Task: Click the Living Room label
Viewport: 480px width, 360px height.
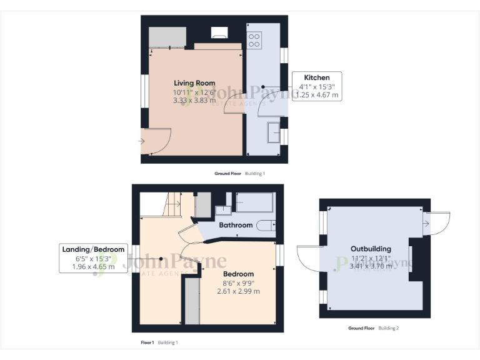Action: pos(194,83)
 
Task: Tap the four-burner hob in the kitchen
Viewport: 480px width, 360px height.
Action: pos(254,41)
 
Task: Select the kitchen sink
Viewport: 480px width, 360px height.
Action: pos(274,133)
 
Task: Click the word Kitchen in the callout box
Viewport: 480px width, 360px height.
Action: pos(317,77)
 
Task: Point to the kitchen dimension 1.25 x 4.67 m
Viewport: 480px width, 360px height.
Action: pos(317,95)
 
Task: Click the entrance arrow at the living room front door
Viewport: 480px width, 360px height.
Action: pos(142,141)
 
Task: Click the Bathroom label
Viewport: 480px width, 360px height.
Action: pos(236,225)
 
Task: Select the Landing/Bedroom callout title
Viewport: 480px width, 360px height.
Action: pos(93,249)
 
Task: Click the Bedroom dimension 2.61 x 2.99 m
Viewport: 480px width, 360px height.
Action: pos(238,291)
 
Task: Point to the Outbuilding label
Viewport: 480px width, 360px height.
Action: pos(371,249)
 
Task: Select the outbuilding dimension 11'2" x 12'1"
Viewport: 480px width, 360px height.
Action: pos(371,257)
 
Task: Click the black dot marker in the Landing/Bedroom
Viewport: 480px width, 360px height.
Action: pos(161,258)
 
